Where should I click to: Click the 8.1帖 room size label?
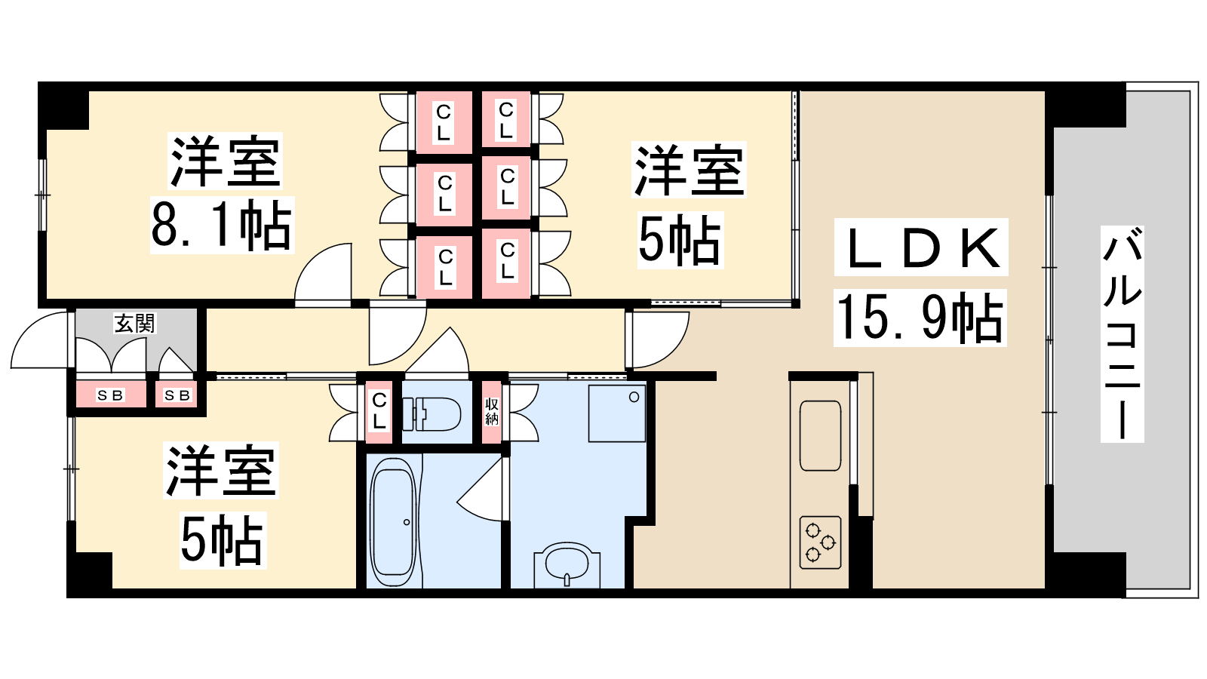tap(222, 226)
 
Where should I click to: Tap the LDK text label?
tap(921, 248)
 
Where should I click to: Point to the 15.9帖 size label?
tap(920, 318)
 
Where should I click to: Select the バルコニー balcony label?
tap(1122, 334)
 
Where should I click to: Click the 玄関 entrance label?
tap(135, 324)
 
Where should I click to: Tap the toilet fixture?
tap(432, 414)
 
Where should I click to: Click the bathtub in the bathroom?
tap(394, 522)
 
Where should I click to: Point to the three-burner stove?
tap(820, 542)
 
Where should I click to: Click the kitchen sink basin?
tap(820, 436)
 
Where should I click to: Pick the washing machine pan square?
tap(617, 413)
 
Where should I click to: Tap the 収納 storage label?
tap(491, 412)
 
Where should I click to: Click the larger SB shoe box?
tap(111, 395)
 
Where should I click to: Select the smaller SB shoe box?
tap(177, 395)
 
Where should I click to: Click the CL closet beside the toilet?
tap(379, 412)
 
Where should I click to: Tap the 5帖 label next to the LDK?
tap(680, 241)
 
